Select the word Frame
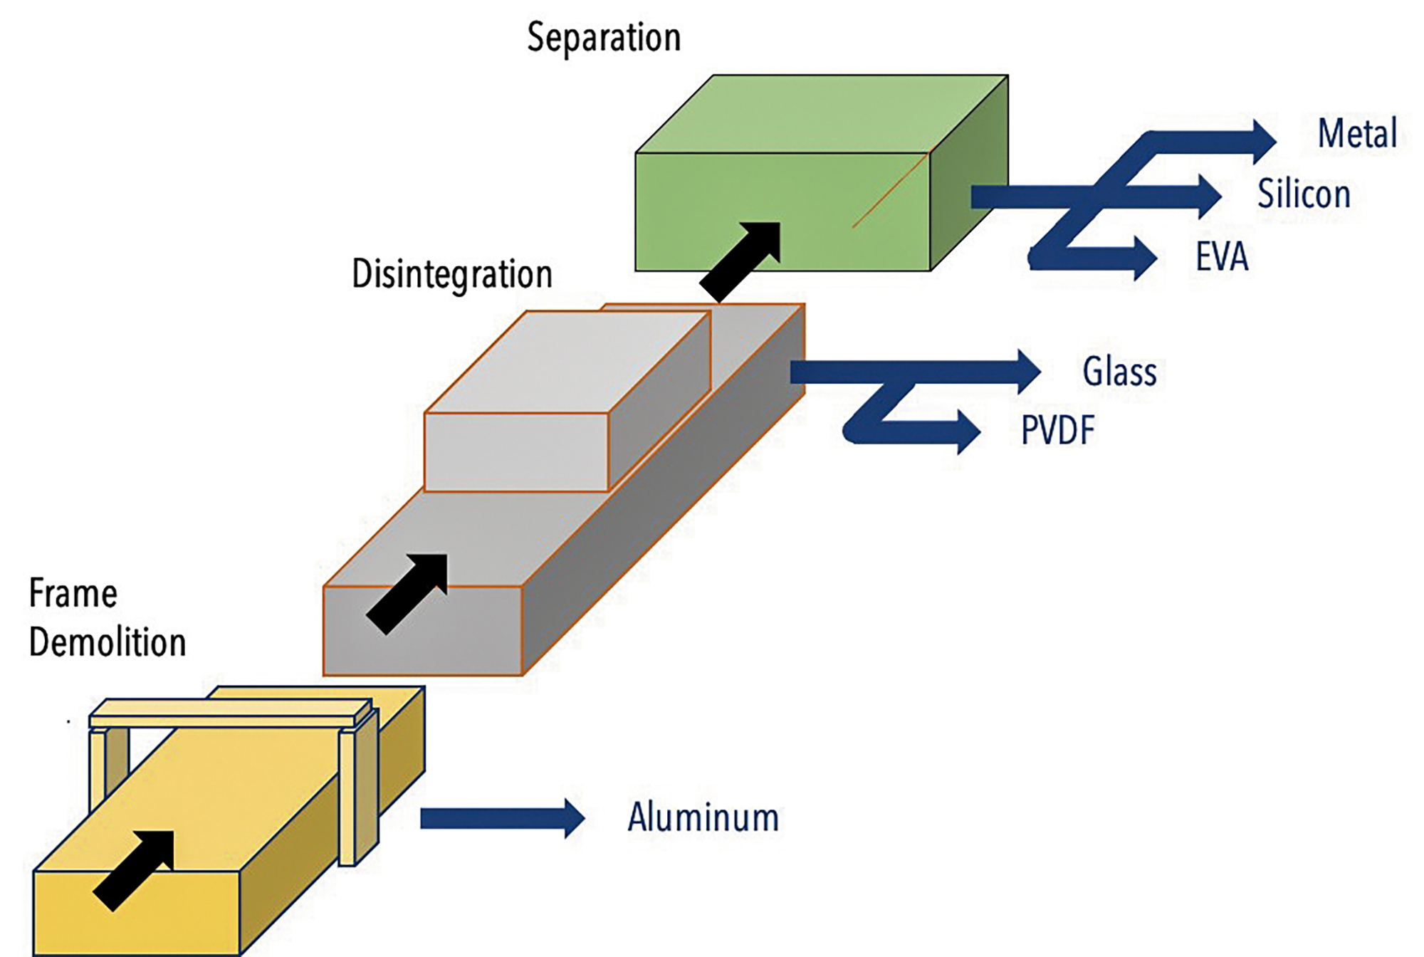73,594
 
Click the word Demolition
108,642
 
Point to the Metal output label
1357,134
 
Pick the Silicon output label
1304,194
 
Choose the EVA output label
1222,257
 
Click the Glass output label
1119,372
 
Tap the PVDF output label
1058,430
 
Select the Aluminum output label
703,817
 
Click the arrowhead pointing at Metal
1264,141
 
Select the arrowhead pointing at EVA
1145,258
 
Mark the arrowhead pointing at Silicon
1210,196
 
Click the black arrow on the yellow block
135,869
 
